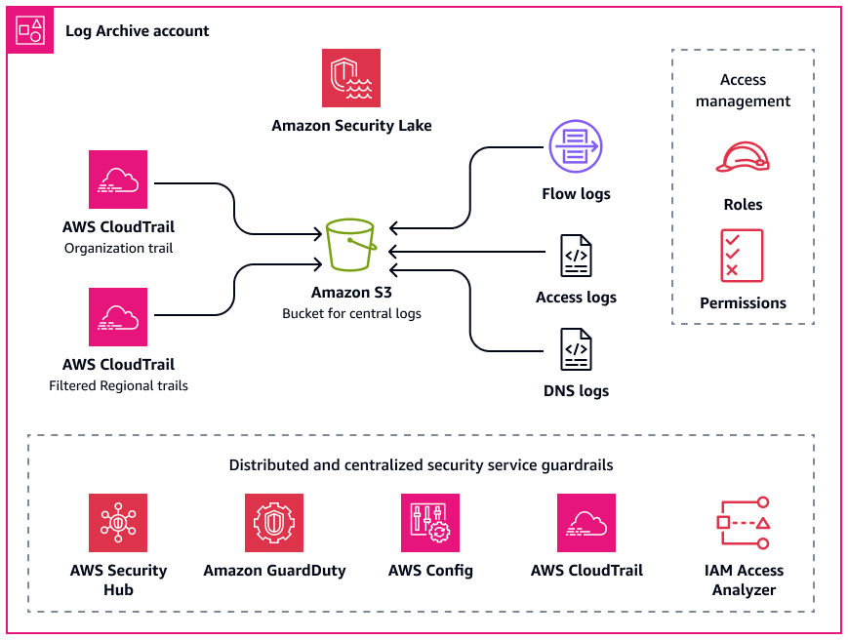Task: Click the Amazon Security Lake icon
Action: click(x=351, y=78)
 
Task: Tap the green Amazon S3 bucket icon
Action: click(x=351, y=246)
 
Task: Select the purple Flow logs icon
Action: click(x=576, y=147)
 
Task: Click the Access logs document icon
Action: click(x=576, y=257)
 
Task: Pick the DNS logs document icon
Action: click(x=576, y=349)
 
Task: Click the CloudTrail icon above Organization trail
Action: click(x=118, y=180)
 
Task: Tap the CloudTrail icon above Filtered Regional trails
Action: click(x=118, y=316)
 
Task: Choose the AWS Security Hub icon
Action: click(x=118, y=523)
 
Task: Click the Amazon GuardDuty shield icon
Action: click(x=274, y=523)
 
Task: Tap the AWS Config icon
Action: click(x=430, y=523)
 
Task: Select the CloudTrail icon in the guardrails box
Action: click(x=586, y=523)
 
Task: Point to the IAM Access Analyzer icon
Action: click(x=744, y=523)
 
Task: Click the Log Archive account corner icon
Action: click(x=28, y=29)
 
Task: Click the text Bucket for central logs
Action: click(x=351, y=314)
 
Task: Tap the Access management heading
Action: click(x=743, y=91)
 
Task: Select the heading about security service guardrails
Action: click(x=421, y=465)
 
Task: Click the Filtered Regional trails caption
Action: click(x=118, y=385)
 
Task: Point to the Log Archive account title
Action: click(x=138, y=31)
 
